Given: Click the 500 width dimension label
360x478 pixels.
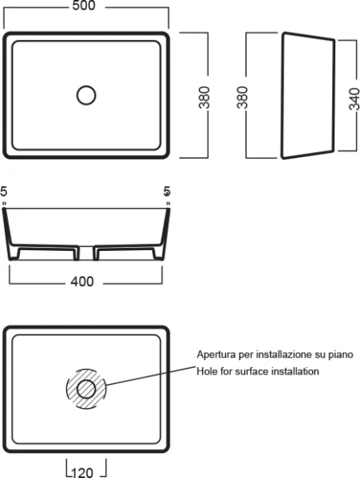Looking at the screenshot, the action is coord(84,6).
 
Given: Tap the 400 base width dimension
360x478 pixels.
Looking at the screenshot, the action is coord(82,282).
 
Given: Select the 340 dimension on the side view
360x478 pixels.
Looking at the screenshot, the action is coord(354,99).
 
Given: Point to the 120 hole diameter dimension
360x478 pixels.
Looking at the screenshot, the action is coord(83,472).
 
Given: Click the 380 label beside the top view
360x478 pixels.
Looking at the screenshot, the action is coord(204,97).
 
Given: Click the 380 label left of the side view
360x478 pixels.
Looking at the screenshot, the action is coord(242,97).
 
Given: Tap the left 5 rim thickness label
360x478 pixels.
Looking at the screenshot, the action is coord(4,192).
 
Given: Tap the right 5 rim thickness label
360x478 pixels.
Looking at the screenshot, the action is coord(166,192).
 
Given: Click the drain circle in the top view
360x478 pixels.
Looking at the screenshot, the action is coord(86,96).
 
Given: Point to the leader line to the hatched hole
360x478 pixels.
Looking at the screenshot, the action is coord(151,376).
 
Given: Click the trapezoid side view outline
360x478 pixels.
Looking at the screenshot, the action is coord(282,95).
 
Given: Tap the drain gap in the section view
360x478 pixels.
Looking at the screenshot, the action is coord(86,253).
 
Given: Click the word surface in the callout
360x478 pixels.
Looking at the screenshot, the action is coord(252,371).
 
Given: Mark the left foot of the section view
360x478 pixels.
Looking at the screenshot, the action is coord(14,253).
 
